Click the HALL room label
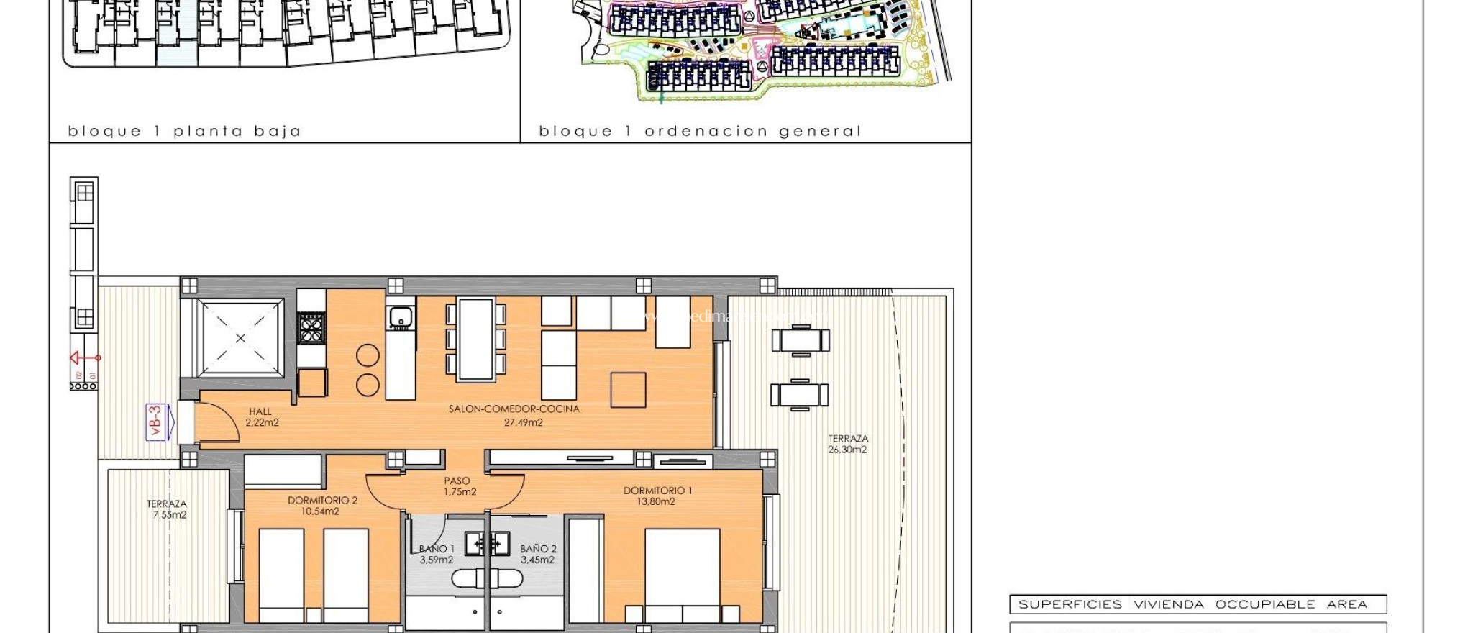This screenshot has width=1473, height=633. tap(260, 412)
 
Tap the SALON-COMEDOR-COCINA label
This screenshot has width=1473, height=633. tap(514, 409)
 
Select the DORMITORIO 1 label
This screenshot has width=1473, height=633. tap(657, 491)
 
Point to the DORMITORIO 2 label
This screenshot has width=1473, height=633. tap(322, 501)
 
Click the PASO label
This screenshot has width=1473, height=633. tap(457, 481)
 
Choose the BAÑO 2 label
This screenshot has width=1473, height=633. tap(538, 549)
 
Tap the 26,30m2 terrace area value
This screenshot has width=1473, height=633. tap(847, 450)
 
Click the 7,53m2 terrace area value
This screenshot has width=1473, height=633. tap(169, 515)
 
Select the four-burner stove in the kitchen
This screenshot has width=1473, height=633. tap(311, 329)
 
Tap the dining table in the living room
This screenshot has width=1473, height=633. tap(475, 339)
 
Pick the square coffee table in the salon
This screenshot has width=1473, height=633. tap(628, 390)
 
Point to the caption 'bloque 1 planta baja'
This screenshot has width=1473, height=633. tap(184, 131)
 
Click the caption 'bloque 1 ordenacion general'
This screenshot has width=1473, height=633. tap(699, 131)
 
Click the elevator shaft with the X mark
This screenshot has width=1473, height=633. tap(240, 337)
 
